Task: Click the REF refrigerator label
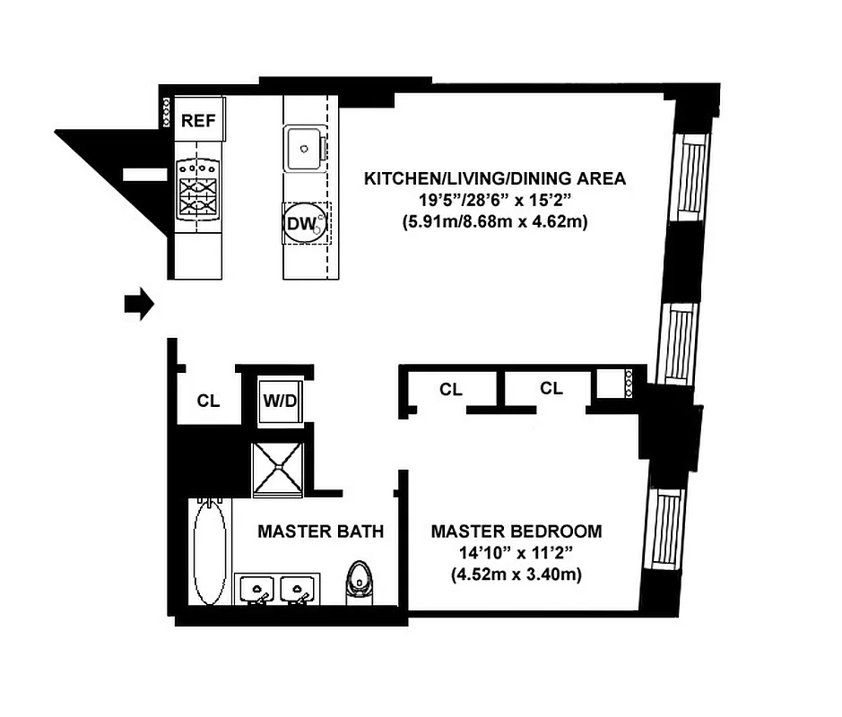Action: (199, 121)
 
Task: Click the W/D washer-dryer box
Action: (279, 399)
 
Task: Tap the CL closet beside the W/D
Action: (208, 401)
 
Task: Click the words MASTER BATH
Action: (320, 531)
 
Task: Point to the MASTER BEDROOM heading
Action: (516, 531)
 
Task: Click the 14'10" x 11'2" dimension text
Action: (516, 554)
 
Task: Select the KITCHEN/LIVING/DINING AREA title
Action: (494, 178)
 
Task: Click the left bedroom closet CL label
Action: (450, 389)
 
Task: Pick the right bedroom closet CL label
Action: (551, 388)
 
